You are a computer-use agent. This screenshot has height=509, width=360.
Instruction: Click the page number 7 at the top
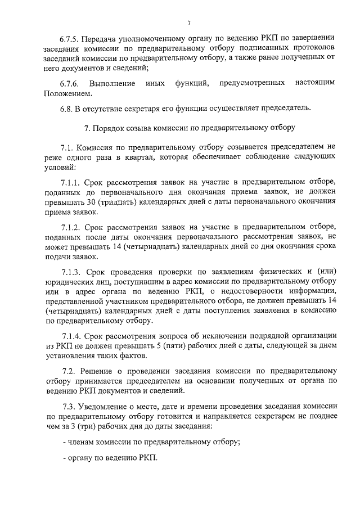(189, 22)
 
